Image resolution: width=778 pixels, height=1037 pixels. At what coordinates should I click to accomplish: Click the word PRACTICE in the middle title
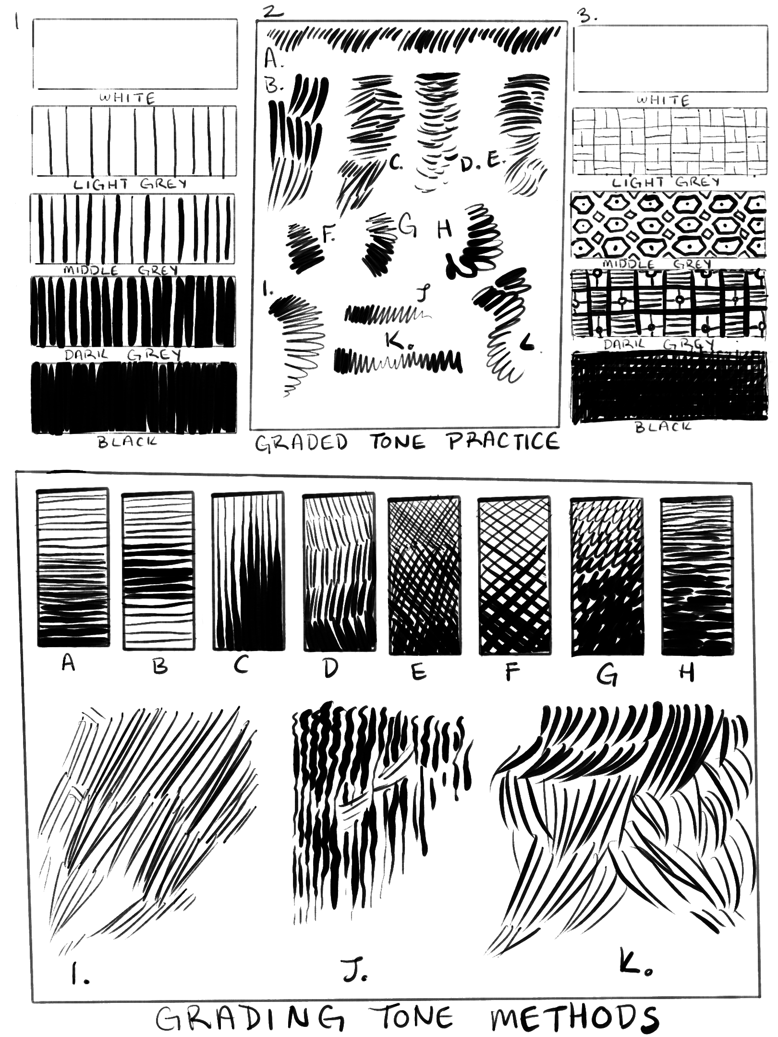504,441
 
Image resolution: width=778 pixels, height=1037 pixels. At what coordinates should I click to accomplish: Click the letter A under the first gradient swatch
69,664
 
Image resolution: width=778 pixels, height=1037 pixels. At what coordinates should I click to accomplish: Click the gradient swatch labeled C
247,571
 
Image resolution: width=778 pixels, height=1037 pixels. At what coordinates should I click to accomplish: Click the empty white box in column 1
135,54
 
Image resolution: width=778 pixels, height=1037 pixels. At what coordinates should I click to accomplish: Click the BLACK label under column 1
127,442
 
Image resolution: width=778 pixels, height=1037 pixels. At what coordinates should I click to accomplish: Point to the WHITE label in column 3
662,101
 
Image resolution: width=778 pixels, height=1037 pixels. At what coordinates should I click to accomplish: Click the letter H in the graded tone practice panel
445,229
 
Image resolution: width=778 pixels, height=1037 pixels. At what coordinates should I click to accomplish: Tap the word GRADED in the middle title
300,442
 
